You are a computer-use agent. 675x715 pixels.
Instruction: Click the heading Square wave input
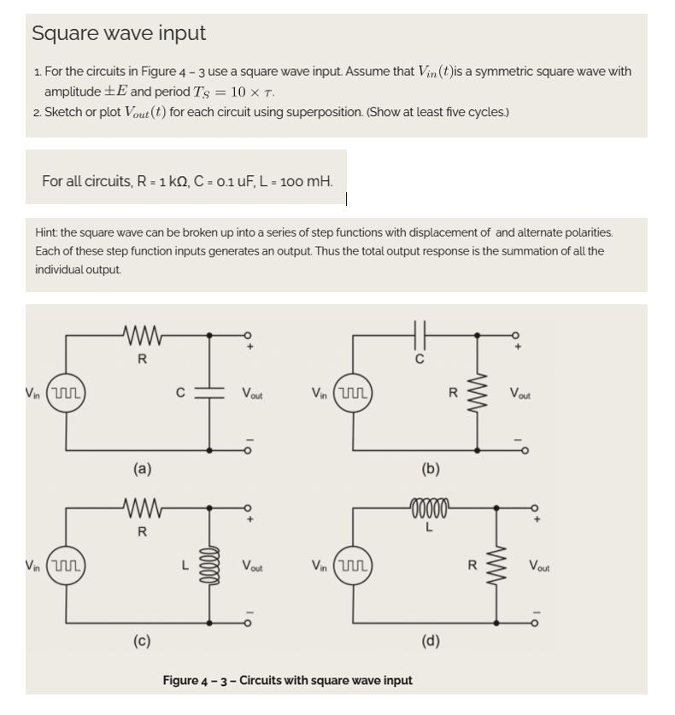(x=119, y=33)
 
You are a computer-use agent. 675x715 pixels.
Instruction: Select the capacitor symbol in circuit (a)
(x=210, y=392)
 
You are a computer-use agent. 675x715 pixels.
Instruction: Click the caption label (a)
(x=142, y=468)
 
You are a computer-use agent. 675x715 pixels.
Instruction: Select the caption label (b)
(x=431, y=468)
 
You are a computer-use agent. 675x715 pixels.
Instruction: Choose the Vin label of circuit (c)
(x=32, y=566)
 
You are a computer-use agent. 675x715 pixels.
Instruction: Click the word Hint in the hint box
(x=45, y=232)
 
